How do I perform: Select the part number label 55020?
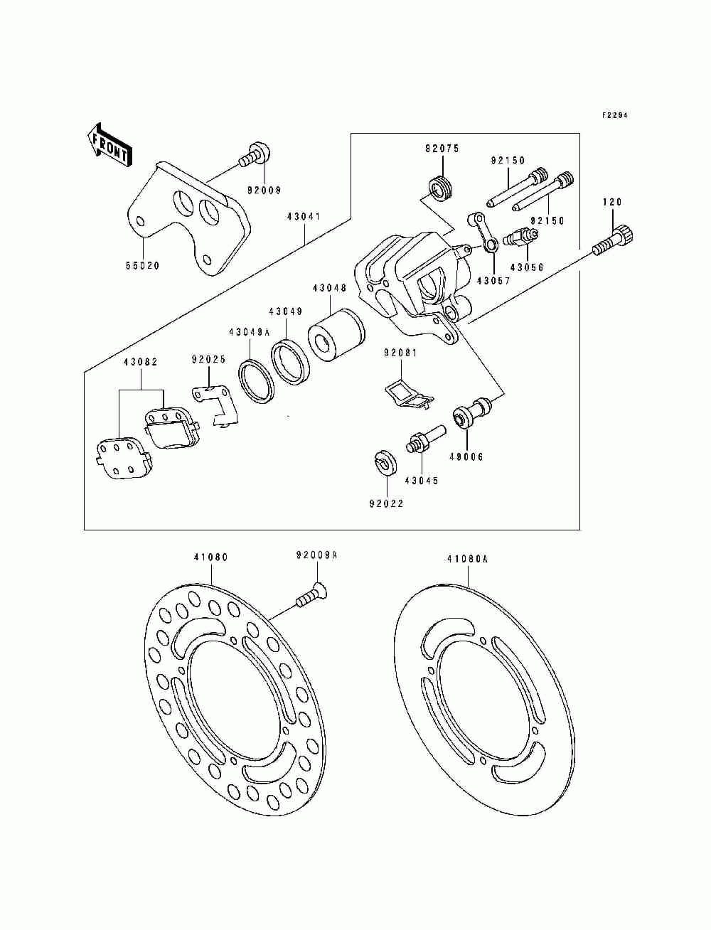[x=142, y=266]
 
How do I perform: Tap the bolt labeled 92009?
[x=255, y=155]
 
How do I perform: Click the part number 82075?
[x=442, y=149]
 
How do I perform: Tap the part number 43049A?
[x=249, y=332]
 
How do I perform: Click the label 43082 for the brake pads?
[x=141, y=362]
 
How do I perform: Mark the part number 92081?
[x=400, y=353]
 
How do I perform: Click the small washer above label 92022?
[x=385, y=463]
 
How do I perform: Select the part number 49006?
[x=466, y=457]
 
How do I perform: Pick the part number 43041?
[x=304, y=217]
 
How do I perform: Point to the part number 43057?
[x=494, y=281]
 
